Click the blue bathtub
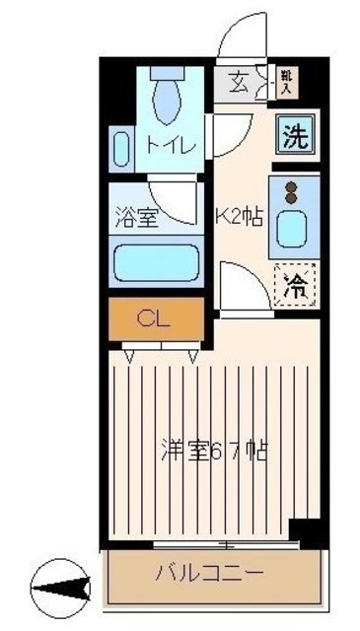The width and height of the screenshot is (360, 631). (157, 263)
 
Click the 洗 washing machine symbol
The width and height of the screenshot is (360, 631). (293, 135)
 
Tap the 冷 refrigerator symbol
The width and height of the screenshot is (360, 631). (293, 287)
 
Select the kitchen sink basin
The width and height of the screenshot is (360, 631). (293, 230)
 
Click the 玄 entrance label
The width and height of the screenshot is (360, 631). (238, 81)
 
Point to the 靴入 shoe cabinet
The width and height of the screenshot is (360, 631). (286, 82)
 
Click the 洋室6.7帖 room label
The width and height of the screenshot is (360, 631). (215, 452)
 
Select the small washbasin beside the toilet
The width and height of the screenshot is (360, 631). (120, 151)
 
